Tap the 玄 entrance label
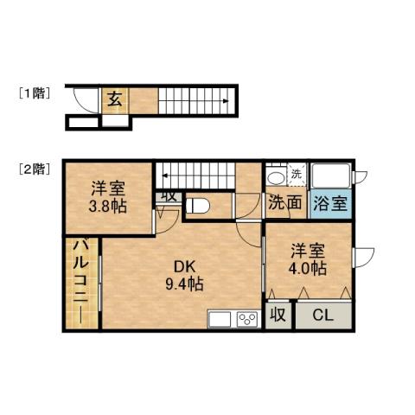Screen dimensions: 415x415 click(x=113, y=98)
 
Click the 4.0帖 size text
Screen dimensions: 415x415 click(x=308, y=269)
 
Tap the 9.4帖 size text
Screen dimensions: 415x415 click(x=185, y=283)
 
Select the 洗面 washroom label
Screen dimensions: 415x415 click(x=284, y=204)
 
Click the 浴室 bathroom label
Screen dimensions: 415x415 click(x=331, y=205)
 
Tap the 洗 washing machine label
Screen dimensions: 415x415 click(x=297, y=174)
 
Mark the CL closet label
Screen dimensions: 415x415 click(x=322, y=316)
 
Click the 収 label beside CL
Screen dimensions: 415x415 click(x=278, y=316)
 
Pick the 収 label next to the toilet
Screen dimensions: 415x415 click(x=169, y=195)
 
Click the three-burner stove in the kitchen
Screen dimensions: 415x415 click(x=247, y=319)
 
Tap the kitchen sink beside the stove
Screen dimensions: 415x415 click(x=220, y=319)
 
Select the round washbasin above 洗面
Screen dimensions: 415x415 click(x=277, y=176)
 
